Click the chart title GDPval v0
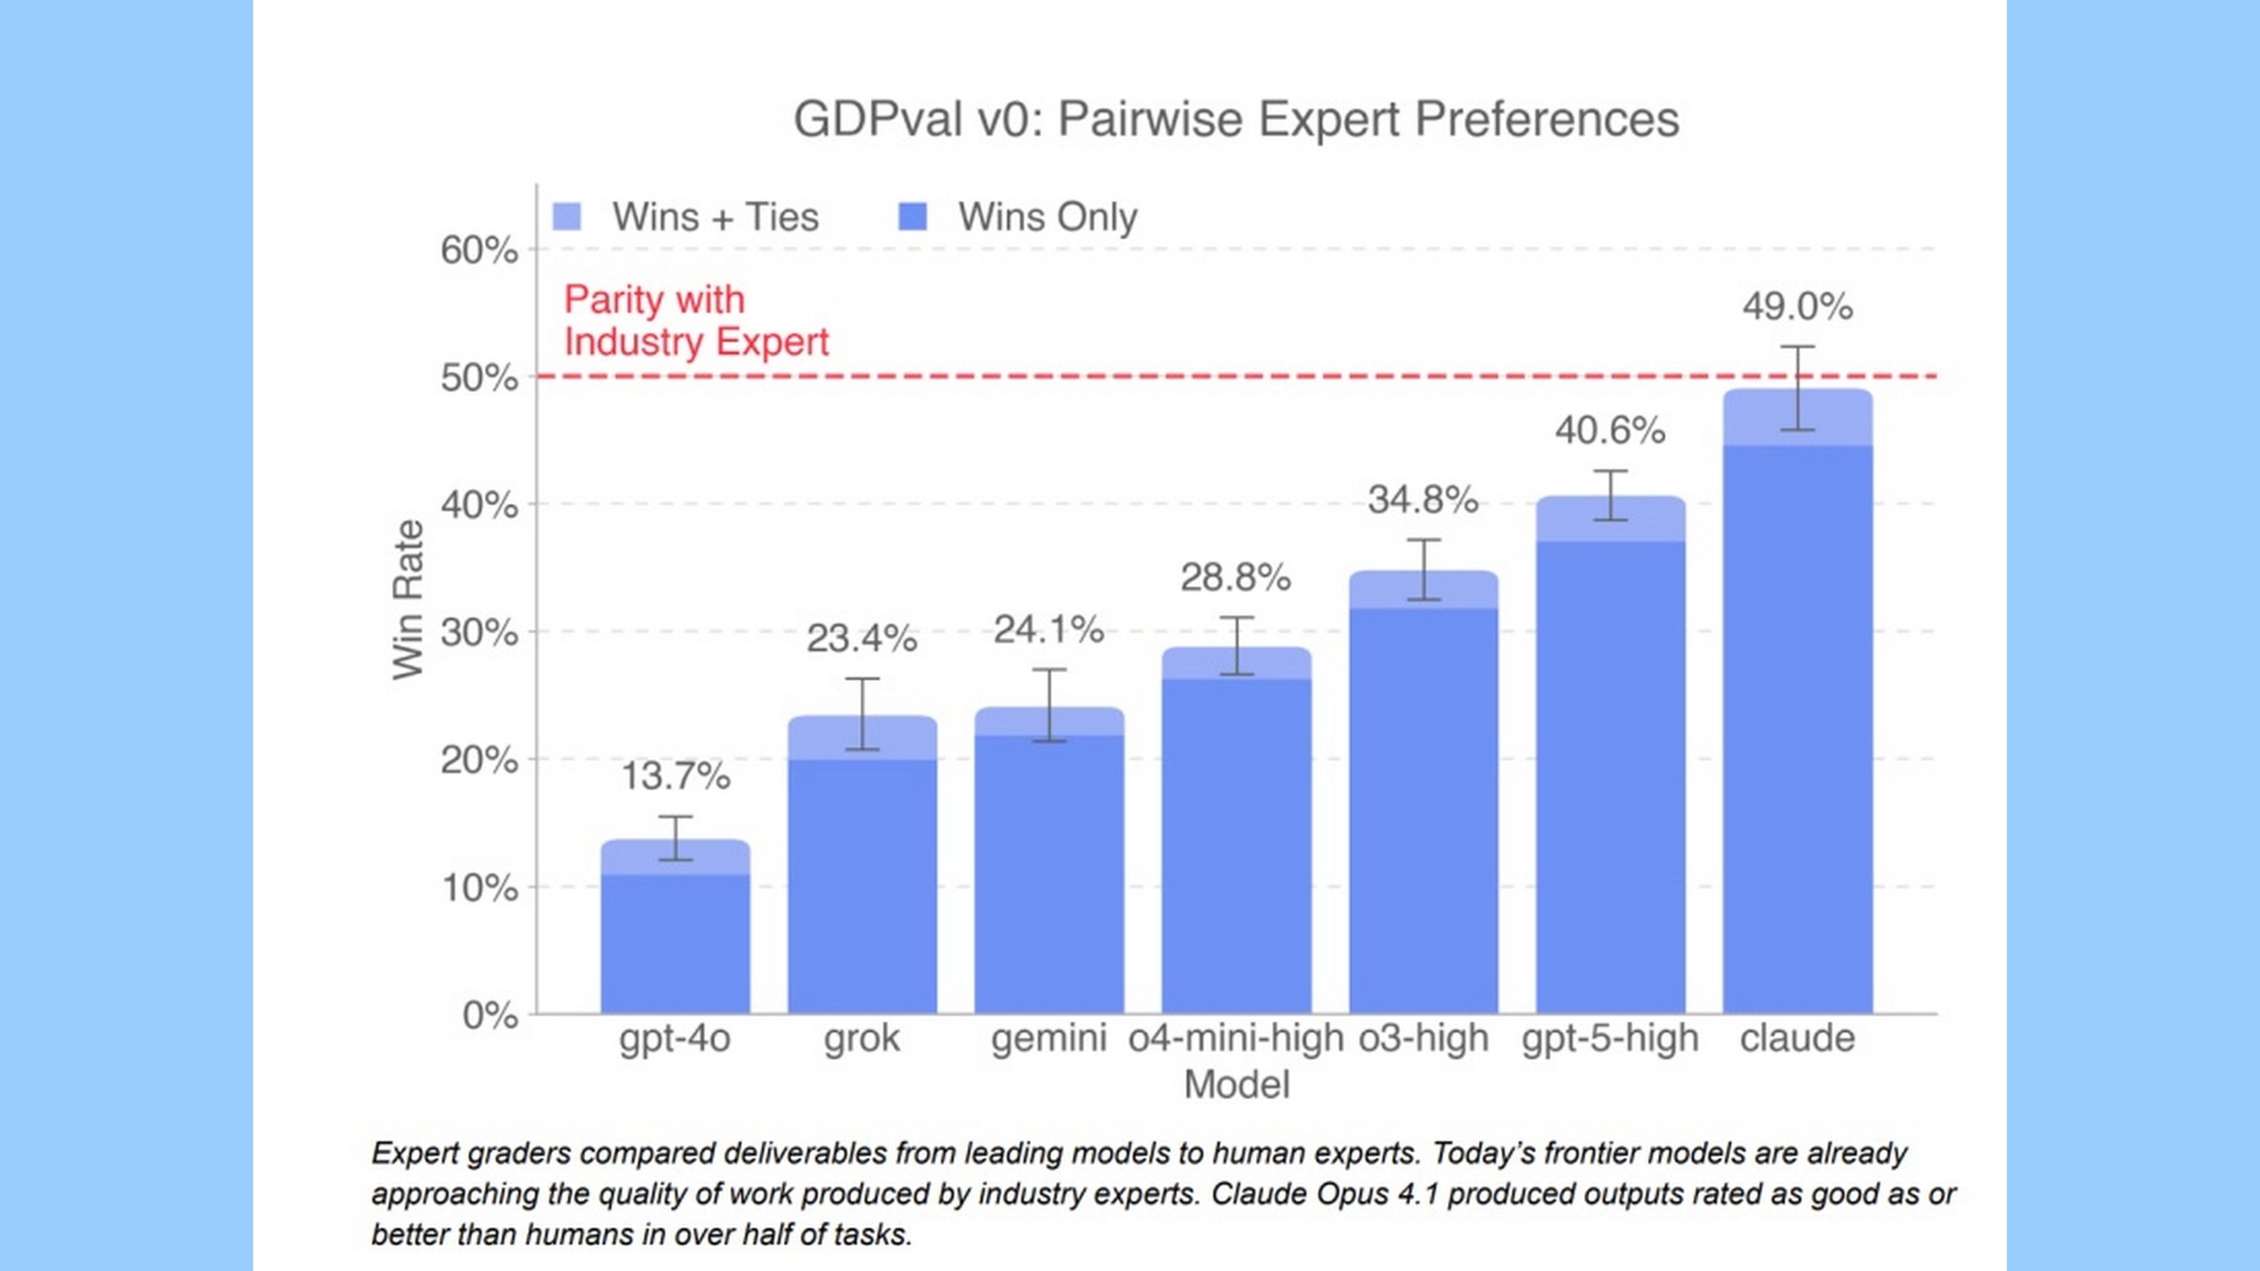coord(1235,119)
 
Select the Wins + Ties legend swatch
coord(567,217)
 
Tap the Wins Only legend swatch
coord(913,217)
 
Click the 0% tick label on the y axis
coord(490,1016)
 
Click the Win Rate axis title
coord(408,600)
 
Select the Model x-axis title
coord(1236,1085)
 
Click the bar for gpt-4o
coord(674,943)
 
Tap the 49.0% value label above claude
coord(1797,307)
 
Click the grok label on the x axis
coord(862,1039)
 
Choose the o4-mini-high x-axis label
coord(1235,1039)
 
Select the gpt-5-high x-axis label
coord(1610,1039)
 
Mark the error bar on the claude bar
coord(1797,388)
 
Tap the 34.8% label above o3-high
coord(1423,500)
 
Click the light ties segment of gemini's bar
coord(1049,721)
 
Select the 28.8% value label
coord(1235,577)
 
